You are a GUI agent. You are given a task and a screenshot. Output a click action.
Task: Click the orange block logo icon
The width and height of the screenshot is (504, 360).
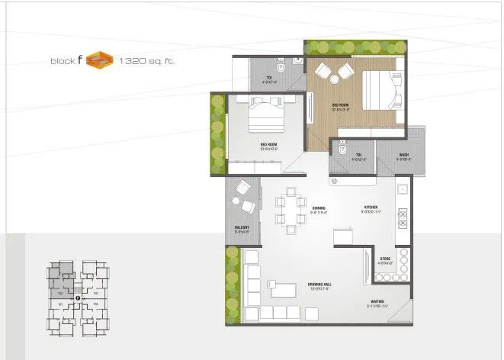pos(98,59)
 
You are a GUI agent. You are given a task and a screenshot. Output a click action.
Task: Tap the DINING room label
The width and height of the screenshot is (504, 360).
pos(319,207)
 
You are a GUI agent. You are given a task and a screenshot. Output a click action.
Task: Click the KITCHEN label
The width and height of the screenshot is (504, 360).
pos(371,207)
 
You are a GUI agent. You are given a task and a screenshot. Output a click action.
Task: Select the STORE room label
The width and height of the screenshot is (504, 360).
pos(386,259)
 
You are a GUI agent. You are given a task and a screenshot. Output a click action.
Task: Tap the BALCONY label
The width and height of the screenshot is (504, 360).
pos(242,228)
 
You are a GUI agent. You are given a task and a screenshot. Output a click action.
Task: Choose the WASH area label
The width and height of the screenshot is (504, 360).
pos(403,156)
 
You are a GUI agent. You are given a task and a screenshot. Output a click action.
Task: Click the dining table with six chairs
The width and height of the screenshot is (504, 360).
pos(288,208)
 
